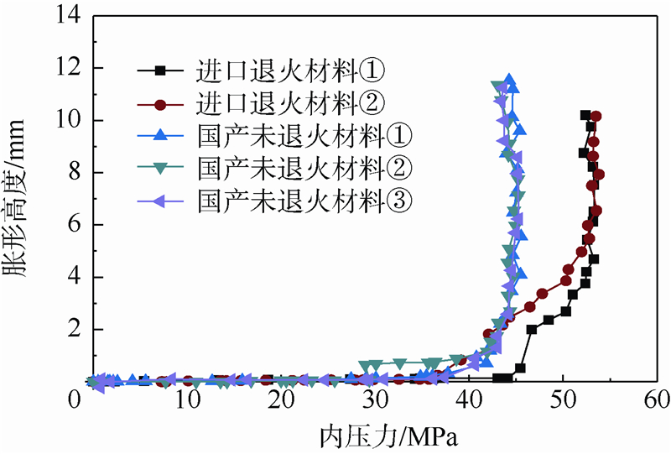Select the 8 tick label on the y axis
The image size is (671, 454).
(x=71, y=173)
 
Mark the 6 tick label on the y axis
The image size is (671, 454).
(x=71, y=225)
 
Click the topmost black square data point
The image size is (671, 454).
(x=585, y=115)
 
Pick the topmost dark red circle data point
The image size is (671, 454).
(x=596, y=117)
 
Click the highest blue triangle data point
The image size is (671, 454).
(x=508, y=81)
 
